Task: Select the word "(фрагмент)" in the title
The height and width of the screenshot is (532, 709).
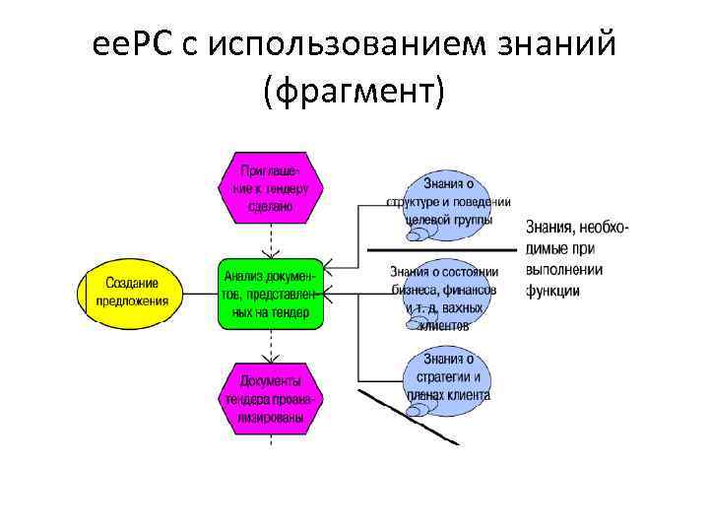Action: (x=354, y=91)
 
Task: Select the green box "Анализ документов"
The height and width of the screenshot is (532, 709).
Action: (x=270, y=294)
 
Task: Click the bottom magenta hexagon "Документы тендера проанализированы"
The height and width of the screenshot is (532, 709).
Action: (x=269, y=399)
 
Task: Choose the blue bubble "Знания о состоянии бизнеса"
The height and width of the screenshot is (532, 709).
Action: (x=444, y=294)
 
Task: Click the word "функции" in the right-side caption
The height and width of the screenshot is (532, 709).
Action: (x=552, y=291)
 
